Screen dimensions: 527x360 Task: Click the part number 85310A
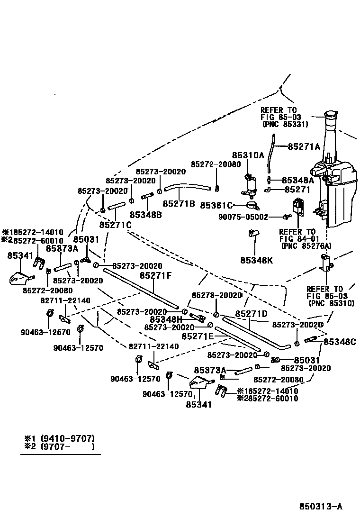coord(248,155)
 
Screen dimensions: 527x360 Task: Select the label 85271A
coord(304,146)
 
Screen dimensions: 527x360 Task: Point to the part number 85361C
coord(216,205)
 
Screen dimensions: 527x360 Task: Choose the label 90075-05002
coord(243,217)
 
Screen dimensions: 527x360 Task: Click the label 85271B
coord(179,203)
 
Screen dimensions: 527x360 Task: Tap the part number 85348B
coord(145,214)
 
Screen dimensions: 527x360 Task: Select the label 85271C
coord(115,224)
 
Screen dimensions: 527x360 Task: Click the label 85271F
coord(155,275)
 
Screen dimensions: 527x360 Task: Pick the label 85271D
coord(252,313)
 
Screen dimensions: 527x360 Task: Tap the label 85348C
coord(340,342)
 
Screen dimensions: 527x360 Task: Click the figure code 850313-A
coord(320,507)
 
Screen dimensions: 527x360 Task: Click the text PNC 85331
coord(285,124)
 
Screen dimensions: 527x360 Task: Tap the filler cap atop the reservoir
coord(330,114)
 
